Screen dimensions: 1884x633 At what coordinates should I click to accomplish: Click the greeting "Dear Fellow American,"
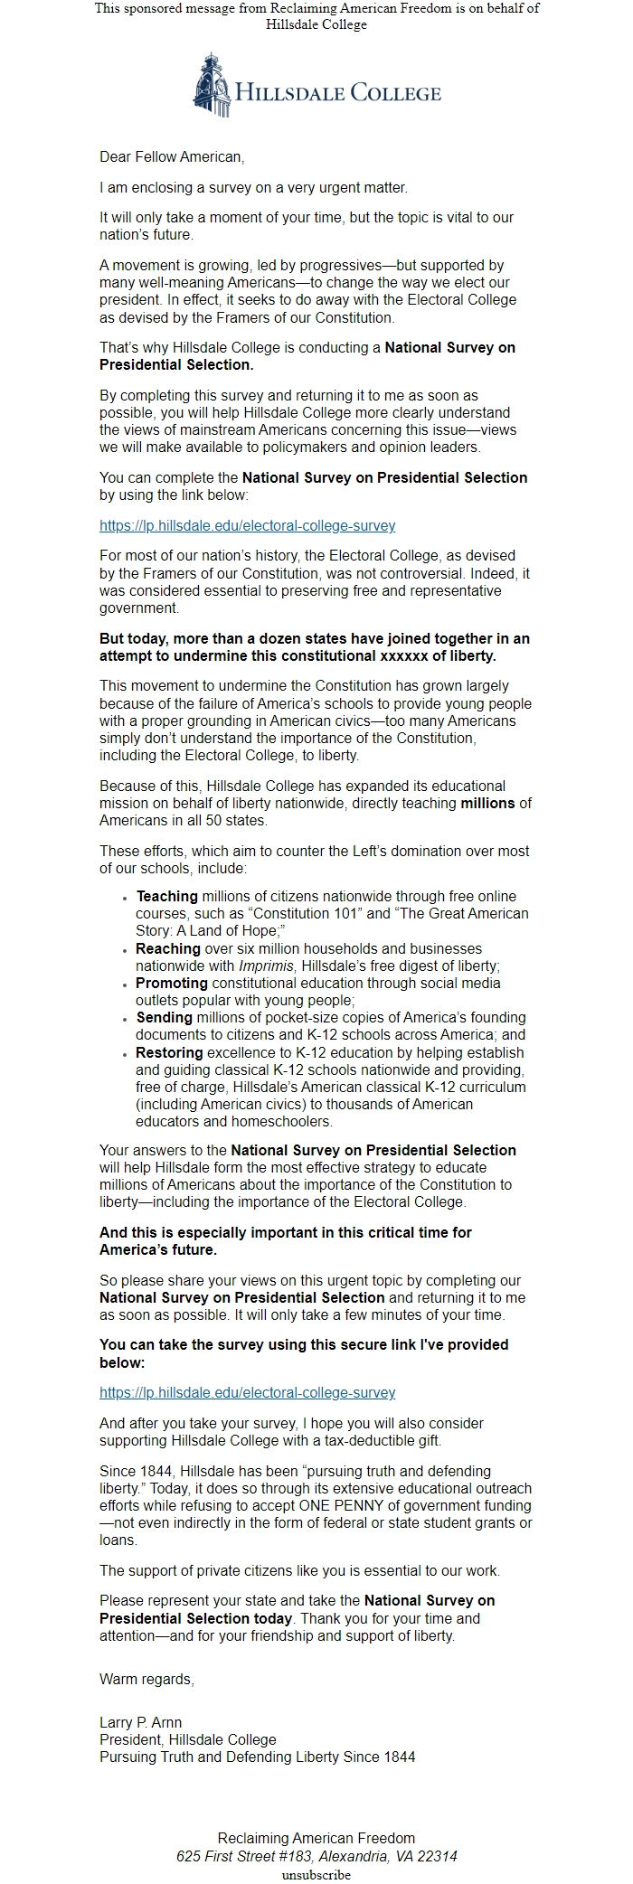(x=172, y=157)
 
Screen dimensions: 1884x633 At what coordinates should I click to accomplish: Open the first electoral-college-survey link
(x=247, y=525)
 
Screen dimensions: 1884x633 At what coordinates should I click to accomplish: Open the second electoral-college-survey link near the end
(x=247, y=1393)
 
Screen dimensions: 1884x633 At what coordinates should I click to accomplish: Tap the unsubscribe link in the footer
(x=316, y=1875)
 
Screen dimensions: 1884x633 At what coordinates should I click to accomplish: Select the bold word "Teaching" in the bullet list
(x=166, y=897)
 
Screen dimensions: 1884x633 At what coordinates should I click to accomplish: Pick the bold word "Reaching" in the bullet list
(x=168, y=949)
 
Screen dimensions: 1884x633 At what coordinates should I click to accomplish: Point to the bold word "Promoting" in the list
(x=172, y=984)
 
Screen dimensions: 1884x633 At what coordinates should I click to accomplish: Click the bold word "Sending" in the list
(x=164, y=1018)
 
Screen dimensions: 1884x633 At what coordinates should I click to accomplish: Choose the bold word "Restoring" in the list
(x=170, y=1053)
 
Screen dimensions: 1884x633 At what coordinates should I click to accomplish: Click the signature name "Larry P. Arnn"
(x=140, y=1723)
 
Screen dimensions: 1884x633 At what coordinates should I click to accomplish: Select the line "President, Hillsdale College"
(x=187, y=1740)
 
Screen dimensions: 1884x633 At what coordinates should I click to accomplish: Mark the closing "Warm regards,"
(x=146, y=1680)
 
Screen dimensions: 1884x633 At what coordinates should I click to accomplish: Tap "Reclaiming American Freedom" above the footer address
(x=316, y=1839)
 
